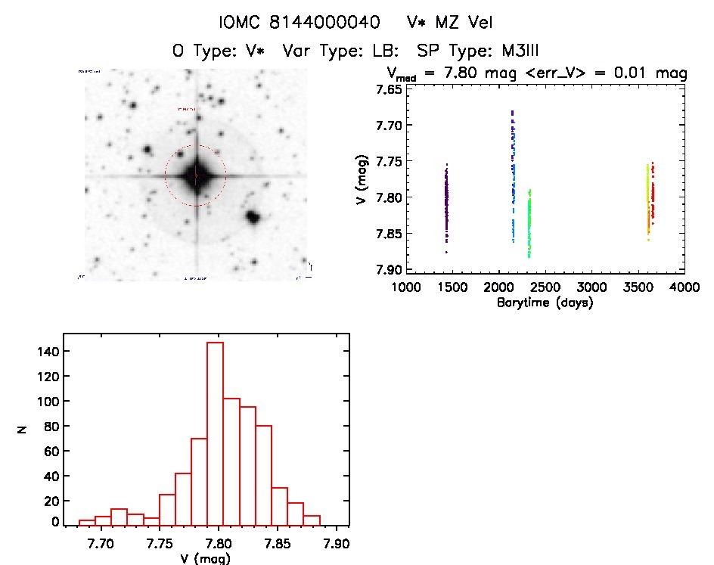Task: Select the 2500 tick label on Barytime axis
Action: (x=545, y=287)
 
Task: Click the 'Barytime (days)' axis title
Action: (x=545, y=303)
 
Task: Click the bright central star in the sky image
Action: (x=196, y=175)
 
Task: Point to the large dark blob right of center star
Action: (x=253, y=218)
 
